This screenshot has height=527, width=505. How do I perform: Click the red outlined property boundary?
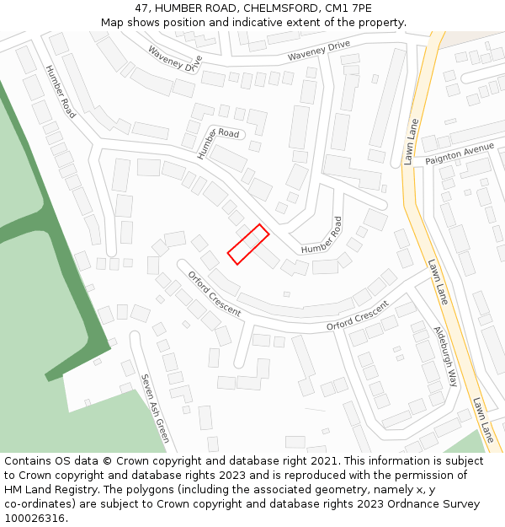click(248, 245)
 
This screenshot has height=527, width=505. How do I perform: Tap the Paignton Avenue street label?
click(460, 153)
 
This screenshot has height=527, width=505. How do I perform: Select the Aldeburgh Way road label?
click(445, 356)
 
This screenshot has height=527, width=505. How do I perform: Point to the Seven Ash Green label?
click(154, 408)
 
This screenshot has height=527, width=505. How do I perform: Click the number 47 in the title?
click(141, 8)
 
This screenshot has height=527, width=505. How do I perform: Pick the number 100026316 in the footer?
click(35, 518)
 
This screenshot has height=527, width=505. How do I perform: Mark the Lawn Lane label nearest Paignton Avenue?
click(411, 142)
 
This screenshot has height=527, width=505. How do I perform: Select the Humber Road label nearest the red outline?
click(322, 236)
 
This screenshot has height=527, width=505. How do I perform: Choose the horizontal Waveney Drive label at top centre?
click(318, 51)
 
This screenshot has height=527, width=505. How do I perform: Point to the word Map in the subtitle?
click(112, 23)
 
